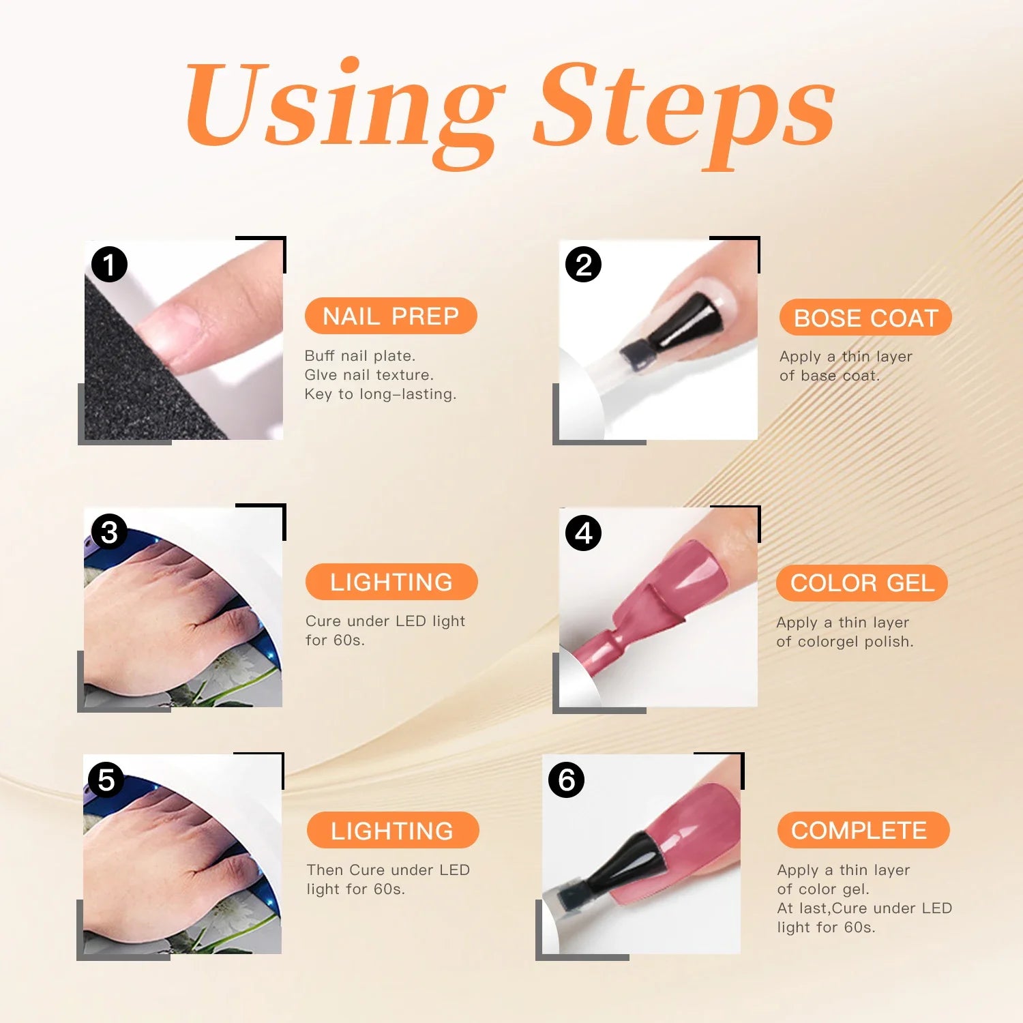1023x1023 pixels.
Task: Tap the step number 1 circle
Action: click(109, 265)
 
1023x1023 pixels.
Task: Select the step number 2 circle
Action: click(583, 265)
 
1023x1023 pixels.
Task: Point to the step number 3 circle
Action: click(109, 532)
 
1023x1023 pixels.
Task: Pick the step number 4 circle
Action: click(584, 533)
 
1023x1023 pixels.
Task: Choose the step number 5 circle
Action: click(106, 780)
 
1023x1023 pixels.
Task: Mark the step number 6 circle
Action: click(567, 780)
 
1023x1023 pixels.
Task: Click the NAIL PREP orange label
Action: click(391, 316)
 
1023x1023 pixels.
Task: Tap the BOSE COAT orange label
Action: click(865, 318)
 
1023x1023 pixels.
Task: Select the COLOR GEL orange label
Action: click(862, 583)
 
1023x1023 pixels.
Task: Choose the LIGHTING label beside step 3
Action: click(391, 582)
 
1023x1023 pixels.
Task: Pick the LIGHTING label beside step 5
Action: click(392, 831)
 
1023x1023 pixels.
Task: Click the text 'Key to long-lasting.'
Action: click(380, 394)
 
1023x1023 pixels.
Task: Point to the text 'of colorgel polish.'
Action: click(844, 642)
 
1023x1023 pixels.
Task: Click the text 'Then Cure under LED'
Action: click(388, 870)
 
